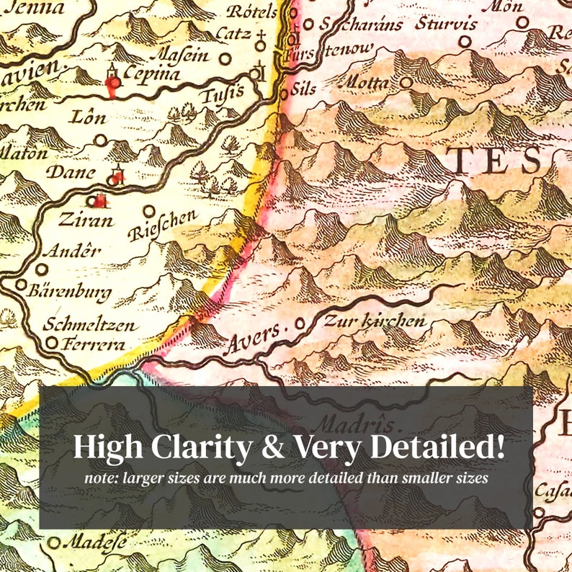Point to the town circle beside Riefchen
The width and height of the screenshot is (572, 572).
pyautogui.click(x=150, y=211)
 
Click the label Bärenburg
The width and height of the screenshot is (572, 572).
pyautogui.click(x=68, y=292)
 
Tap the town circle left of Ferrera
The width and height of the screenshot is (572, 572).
pyautogui.click(x=51, y=344)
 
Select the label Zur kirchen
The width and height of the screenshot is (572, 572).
pyautogui.click(x=375, y=321)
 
